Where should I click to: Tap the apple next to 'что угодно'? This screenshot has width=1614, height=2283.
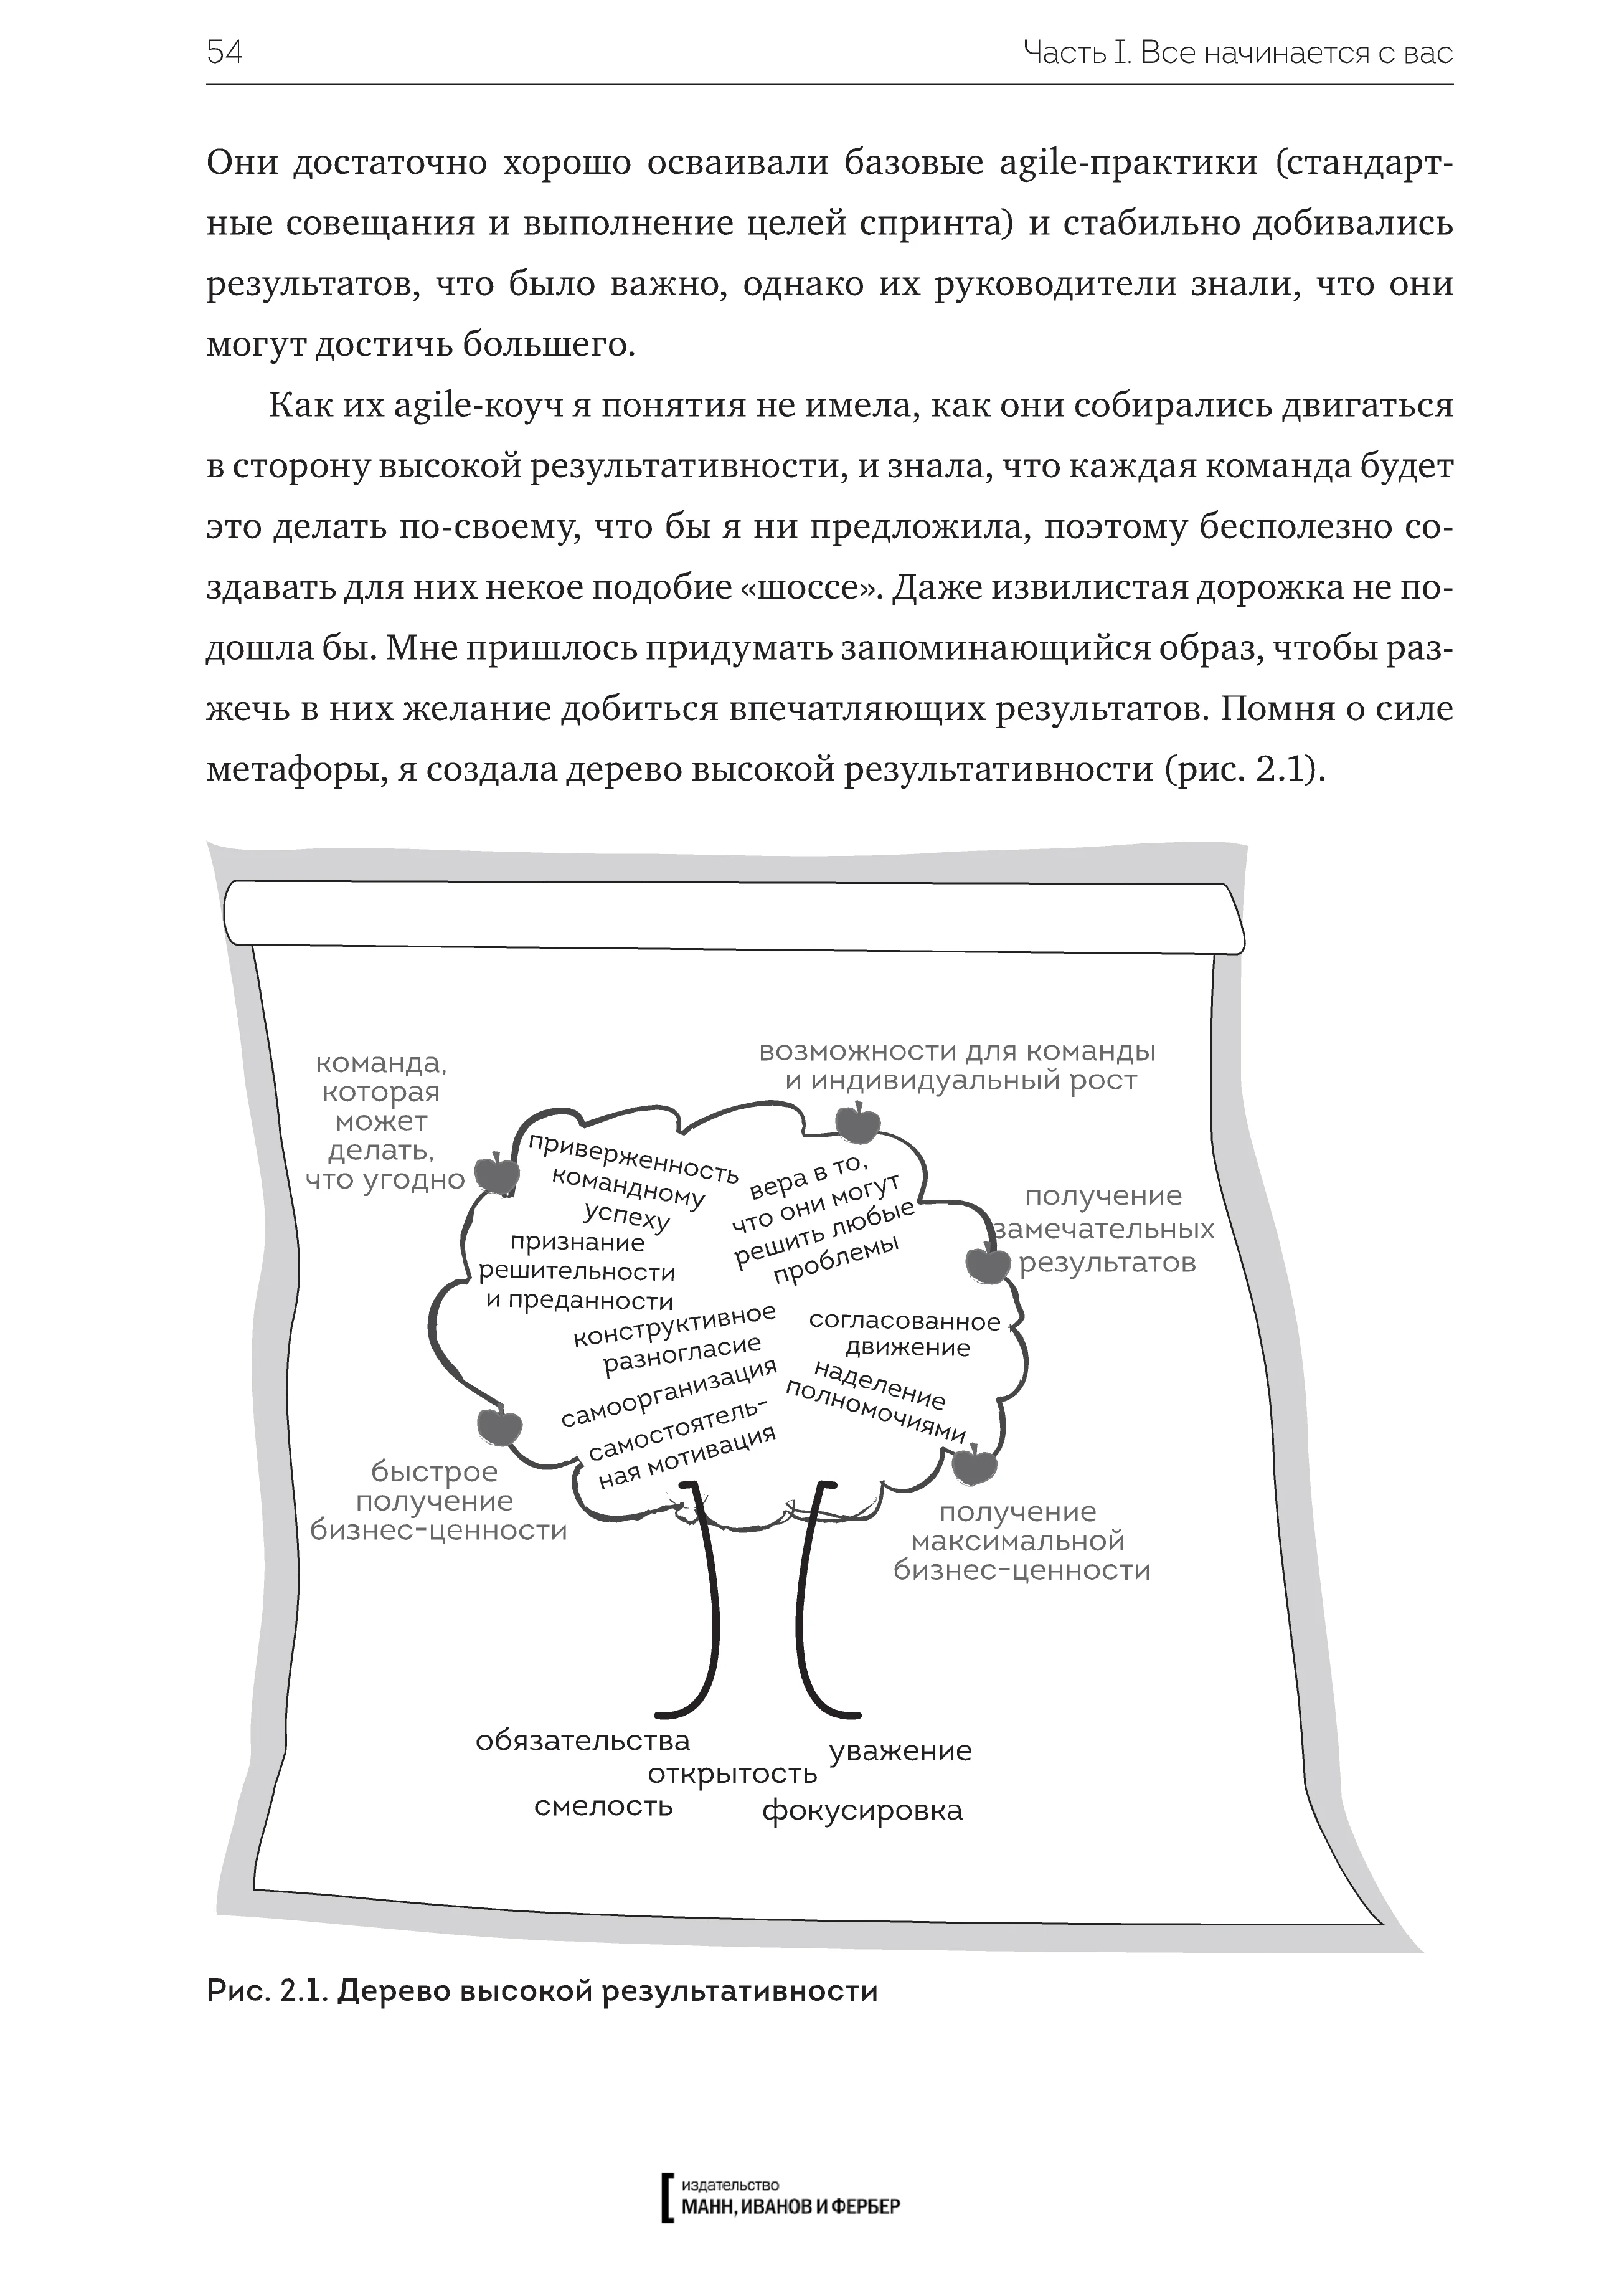[x=496, y=1174]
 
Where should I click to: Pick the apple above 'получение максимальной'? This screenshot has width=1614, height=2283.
[x=975, y=1464]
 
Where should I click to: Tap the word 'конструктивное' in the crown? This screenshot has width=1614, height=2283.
[x=675, y=1326]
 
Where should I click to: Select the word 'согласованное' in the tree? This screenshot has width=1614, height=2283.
[x=904, y=1321]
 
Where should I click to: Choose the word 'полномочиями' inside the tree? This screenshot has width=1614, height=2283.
[x=875, y=1409]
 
